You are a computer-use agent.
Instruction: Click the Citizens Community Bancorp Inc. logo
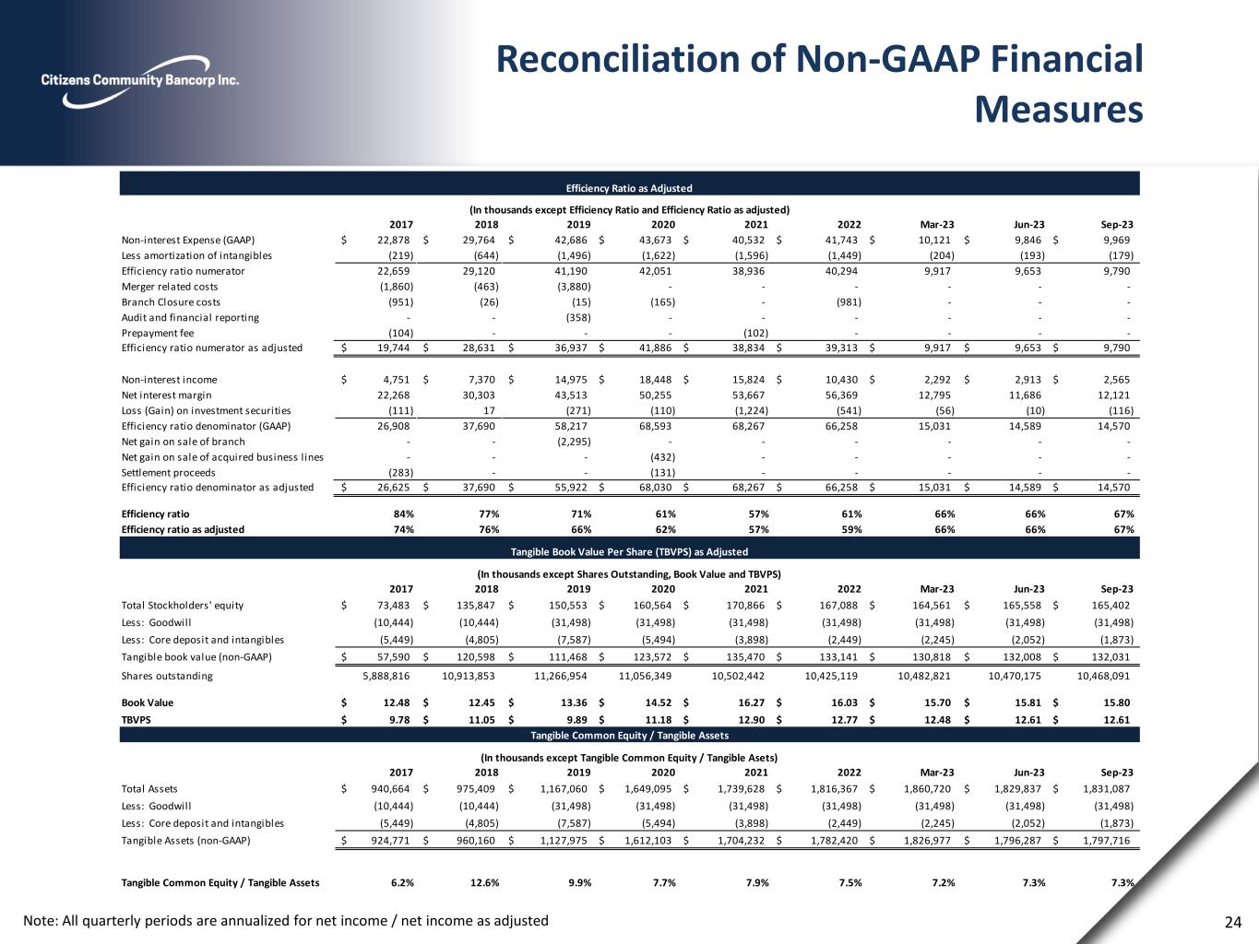click(x=140, y=80)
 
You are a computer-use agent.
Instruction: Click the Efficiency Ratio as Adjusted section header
click(x=629, y=188)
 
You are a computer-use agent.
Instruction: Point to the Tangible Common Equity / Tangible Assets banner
click(x=629, y=736)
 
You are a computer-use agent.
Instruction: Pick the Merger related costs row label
click(x=170, y=287)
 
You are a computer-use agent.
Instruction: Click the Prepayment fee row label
click(x=158, y=333)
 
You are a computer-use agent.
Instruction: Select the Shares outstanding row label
click(x=167, y=676)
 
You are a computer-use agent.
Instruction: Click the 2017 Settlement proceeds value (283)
click(x=398, y=473)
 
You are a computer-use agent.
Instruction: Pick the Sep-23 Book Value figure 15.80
click(x=1117, y=702)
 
